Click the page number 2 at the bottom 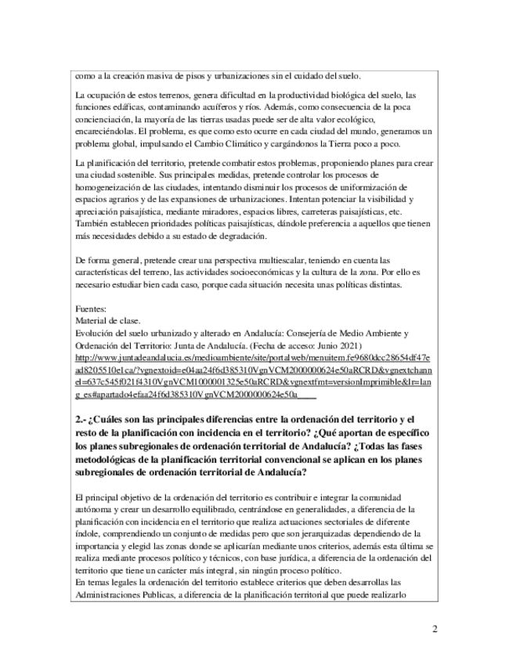tap(435, 630)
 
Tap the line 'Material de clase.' tap(107, 320)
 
